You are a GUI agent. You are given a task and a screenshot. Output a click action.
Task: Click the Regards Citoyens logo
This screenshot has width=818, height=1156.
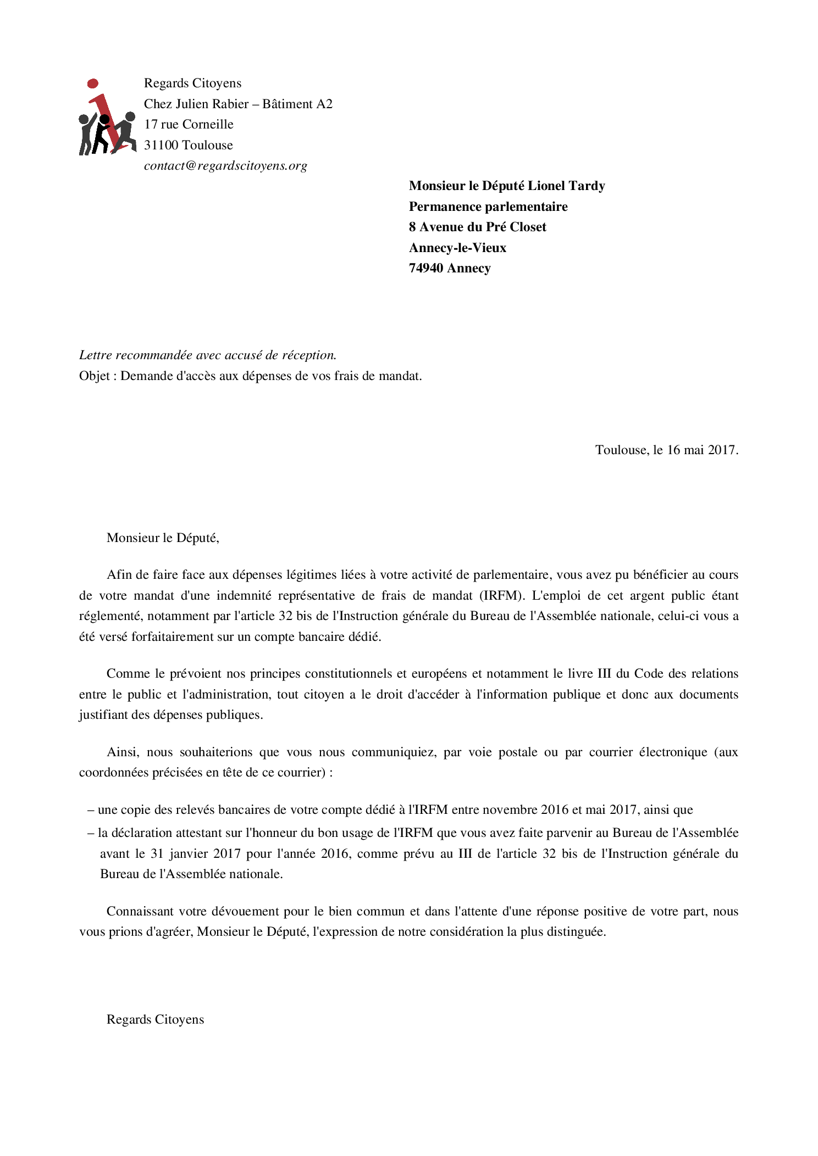[x=107, y=118]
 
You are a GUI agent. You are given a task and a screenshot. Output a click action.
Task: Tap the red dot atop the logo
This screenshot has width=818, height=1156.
[x=93, y=83]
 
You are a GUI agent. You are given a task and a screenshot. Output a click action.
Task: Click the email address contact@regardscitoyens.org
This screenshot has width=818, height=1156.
[x=225, y=166]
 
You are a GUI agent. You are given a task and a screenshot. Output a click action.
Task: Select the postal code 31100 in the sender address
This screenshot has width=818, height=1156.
[x=162, y=146]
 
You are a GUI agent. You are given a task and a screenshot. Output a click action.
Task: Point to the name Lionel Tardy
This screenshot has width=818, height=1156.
[x=566, y=186]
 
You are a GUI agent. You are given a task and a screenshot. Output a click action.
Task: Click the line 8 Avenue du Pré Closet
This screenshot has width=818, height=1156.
[x=477, y=227]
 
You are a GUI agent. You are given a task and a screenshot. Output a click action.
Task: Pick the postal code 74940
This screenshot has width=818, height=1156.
[x=426, y=269]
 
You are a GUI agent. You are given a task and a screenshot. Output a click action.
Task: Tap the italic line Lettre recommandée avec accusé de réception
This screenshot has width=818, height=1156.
[x=208, y=355]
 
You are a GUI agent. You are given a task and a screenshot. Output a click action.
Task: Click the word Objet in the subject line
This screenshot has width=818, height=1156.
[x=95, y=376]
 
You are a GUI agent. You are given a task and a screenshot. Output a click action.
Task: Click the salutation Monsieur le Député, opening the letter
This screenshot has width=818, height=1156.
[x=163, y=538]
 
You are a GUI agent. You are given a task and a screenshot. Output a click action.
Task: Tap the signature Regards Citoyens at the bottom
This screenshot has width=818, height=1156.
[x=155, y=1020]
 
